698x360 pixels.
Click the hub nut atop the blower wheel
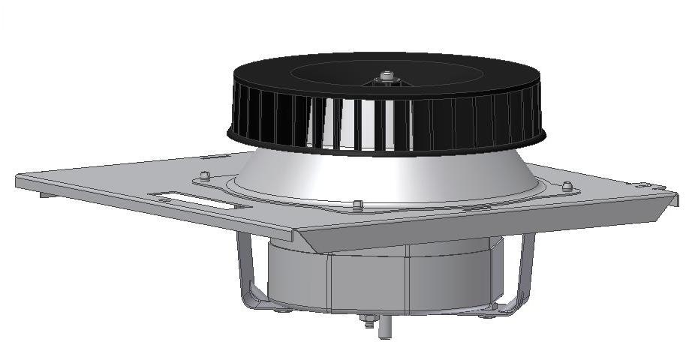[387, 76]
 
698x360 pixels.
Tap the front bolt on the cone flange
[358, 204]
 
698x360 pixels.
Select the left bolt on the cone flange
[203, 178]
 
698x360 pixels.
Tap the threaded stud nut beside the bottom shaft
[369, 322]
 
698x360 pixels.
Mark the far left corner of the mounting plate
[20, 179]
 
